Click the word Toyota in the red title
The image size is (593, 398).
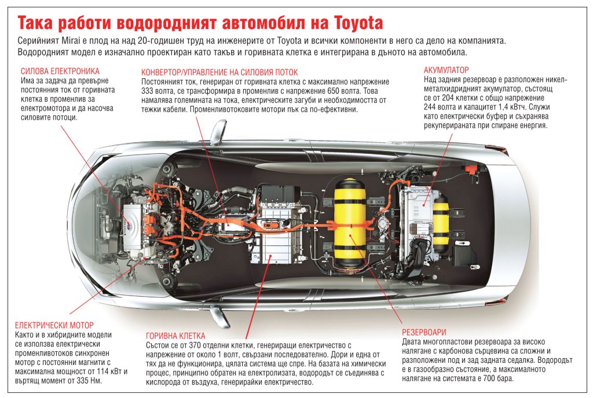coord(358,23)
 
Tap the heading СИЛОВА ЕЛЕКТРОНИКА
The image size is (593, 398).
coord(60,71)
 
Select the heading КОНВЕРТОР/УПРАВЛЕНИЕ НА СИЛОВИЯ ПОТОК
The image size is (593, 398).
coord(219,72)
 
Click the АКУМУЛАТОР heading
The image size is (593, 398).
coord(446,70)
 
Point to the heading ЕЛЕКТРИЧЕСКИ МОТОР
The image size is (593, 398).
coord(54,325)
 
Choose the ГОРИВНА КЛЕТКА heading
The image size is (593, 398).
coord(175,336)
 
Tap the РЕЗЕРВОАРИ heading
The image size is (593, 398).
coord(424,332)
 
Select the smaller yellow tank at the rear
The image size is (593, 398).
coord(441,223)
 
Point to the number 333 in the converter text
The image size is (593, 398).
coord(148,91)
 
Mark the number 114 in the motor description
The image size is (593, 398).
coord(104,371)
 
